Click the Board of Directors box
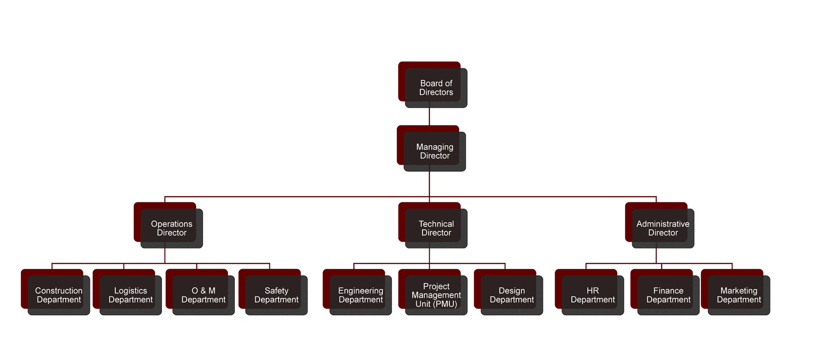coord(436,87)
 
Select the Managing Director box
coord(434,151)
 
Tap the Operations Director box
coord(171,228)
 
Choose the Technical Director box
coord(436,228)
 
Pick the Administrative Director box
coord(663,228)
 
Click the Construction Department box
coord(59,295)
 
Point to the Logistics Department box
coord(130,295)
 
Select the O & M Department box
coord(203,295)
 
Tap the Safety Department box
coord(276,295)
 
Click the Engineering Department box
coord(360,295)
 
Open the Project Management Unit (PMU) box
coord(436,295)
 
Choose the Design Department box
coord(511,295)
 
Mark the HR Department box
coord(593,295)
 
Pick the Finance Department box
coord(668,295)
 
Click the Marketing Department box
coord(739,295)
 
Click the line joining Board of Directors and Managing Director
coord(429,117)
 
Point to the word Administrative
coord(663,224)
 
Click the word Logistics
coord(130,291)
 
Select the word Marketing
coord(739,291)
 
